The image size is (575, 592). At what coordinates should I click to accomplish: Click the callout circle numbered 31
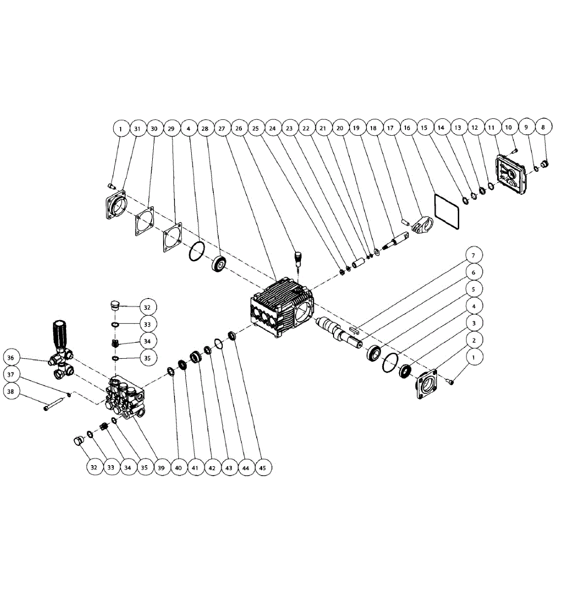pos(137,128)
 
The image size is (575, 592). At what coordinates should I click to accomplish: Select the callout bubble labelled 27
pos(222,128)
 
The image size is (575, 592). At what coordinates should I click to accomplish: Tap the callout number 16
pos(407,128)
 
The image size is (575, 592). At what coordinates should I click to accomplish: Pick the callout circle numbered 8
pos(543,127)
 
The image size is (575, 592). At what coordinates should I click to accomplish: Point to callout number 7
pos(474,256)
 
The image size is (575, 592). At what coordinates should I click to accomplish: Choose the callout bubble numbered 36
pos(12,358)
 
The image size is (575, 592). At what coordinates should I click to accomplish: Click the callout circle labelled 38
pos(12,391)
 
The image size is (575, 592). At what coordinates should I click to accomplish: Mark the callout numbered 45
pos(263,467)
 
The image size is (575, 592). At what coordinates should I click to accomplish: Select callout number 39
pos(161,467)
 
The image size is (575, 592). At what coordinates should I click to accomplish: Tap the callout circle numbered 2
pos(474,340)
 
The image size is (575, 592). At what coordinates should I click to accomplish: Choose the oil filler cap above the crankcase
pos(298,258)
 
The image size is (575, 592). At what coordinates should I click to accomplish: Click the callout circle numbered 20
pos(340,128)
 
